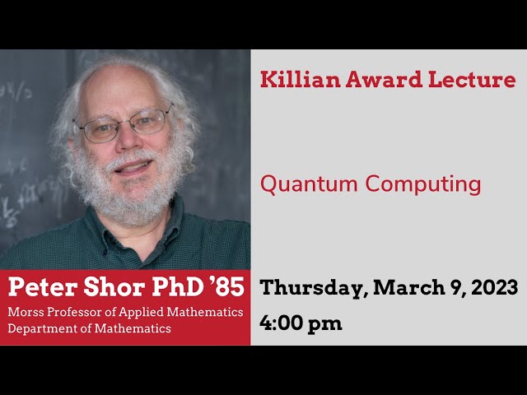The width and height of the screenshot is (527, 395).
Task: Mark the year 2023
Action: [492, 288]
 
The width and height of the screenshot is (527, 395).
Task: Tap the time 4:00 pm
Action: [301, 323]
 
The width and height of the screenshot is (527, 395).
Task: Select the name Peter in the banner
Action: [39, 288]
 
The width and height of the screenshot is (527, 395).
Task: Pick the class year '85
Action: [224, 288]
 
